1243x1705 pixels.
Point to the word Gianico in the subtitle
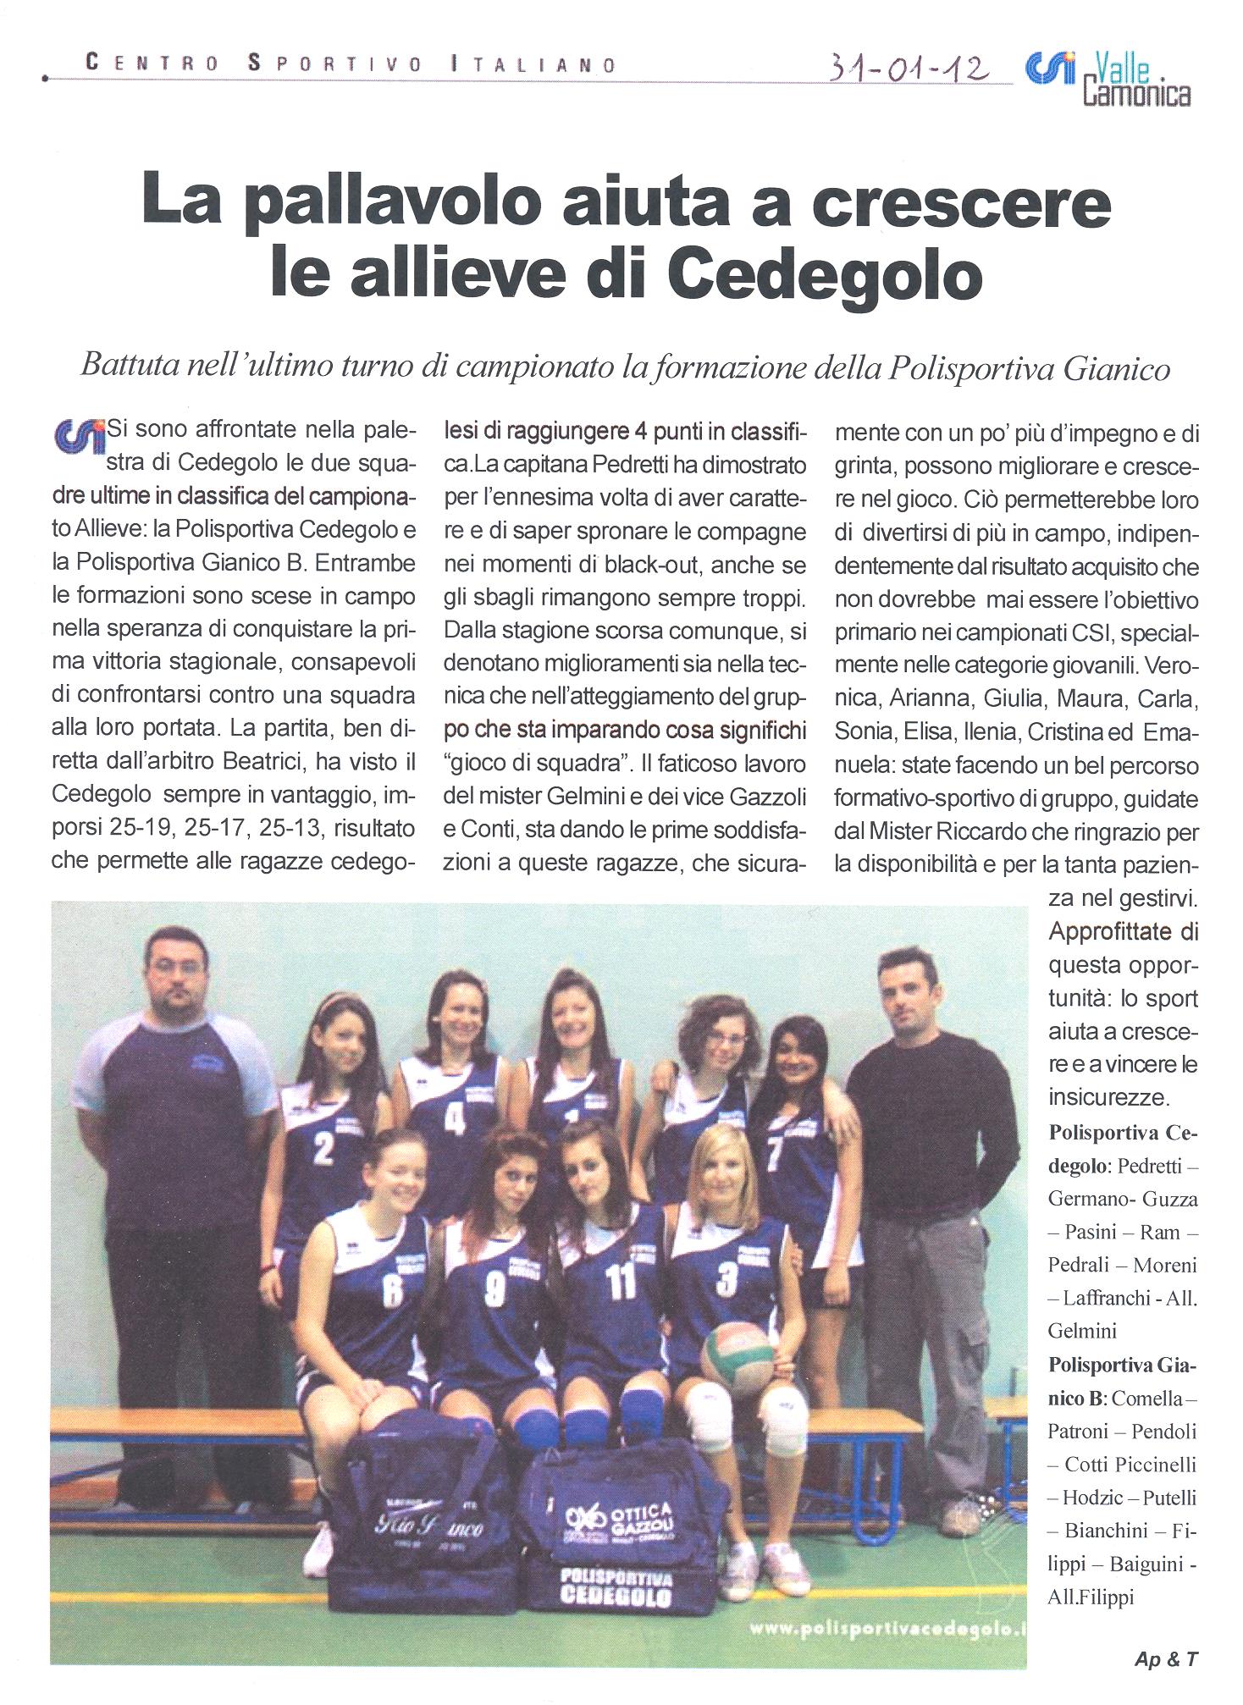coord(1117,368)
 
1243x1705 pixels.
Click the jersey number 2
coord(323,1149)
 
